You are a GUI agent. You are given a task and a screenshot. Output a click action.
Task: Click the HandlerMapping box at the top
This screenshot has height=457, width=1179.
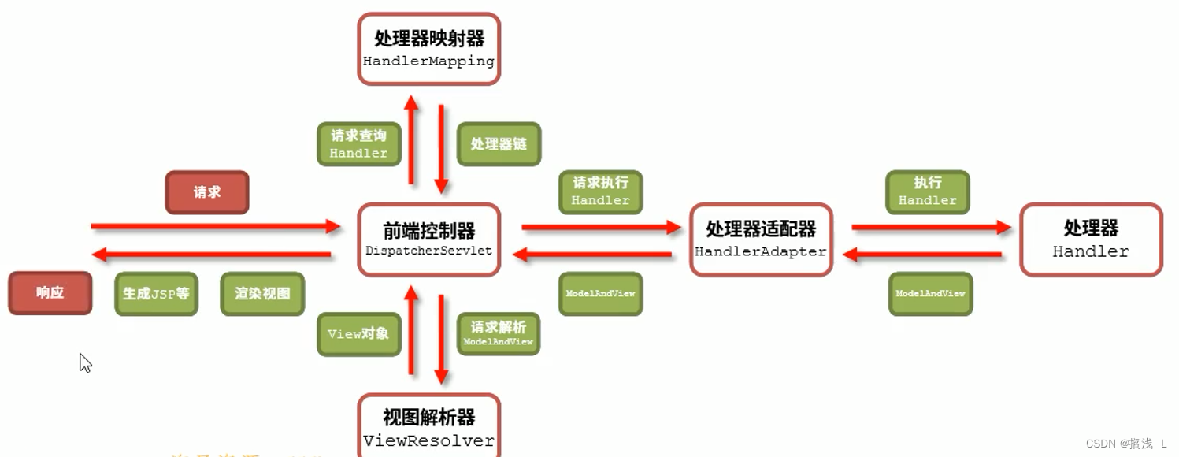429,49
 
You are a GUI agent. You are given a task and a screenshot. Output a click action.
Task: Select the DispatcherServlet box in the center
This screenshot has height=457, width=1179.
429,240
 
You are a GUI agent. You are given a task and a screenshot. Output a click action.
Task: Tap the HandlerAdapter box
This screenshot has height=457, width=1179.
761,240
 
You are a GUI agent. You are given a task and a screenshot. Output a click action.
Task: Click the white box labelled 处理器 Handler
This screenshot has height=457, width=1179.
1091,240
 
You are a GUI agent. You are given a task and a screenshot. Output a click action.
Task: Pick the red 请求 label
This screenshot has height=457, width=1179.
207,192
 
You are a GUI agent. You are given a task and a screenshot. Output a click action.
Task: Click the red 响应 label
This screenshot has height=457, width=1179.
50,293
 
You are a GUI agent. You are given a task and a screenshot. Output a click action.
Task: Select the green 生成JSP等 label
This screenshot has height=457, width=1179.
156,294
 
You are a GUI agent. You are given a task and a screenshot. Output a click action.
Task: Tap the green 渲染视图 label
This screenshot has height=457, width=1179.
262,294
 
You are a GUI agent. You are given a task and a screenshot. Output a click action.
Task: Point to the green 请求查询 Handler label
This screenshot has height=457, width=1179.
358,144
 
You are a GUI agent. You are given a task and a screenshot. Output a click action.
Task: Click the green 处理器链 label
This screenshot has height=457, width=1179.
499,144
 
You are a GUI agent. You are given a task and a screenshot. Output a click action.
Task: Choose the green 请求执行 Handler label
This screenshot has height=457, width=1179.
600,191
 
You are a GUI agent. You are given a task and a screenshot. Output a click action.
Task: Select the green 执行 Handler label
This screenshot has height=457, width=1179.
928,191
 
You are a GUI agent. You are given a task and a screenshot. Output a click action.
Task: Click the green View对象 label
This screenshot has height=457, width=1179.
358,334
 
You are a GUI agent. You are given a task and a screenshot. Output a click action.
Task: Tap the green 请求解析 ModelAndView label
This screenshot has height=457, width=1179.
499,334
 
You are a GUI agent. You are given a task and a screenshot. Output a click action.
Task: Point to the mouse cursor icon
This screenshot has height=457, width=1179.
85,362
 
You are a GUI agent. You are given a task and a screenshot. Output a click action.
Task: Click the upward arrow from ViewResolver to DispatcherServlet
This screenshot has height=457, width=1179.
410,331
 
